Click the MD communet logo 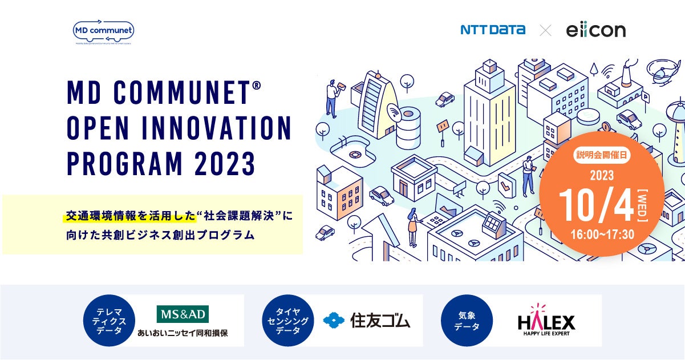click(x=104, y=31)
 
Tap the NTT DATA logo click(x=493, y=30)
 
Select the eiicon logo click(x=595, y=30)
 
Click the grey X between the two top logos click(x=545, y=30)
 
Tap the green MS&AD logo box click(x=183, y=314)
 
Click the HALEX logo click(x=546, y=321)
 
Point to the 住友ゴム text click(x=380, y=321)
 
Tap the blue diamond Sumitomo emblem click(x=334, y=321)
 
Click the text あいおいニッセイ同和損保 click(x=183, y=333)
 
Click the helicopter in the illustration click(x=665, y=73)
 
